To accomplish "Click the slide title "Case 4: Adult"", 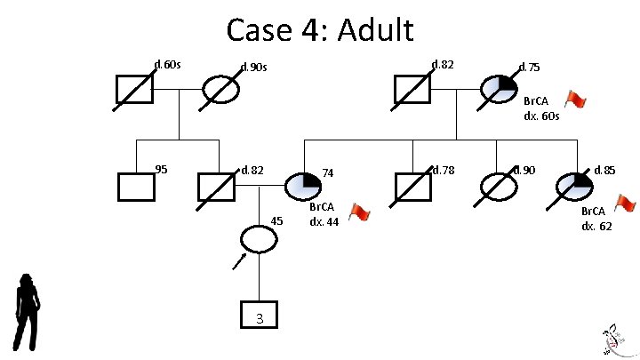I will tap(320, 30).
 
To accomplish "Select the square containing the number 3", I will tap(259, 317).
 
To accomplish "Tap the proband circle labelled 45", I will tap(259, 238).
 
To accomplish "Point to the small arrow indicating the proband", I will tap(238, 260).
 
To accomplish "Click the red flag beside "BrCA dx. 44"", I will tap(358, 212).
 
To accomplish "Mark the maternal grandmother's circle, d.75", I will tap(498, 89).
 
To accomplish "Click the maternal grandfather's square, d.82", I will tap(412, 89).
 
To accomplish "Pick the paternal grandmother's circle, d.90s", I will tap(221, 89).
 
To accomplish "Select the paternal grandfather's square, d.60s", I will tap(136, 89).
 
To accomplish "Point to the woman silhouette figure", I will tap(28, 311).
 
